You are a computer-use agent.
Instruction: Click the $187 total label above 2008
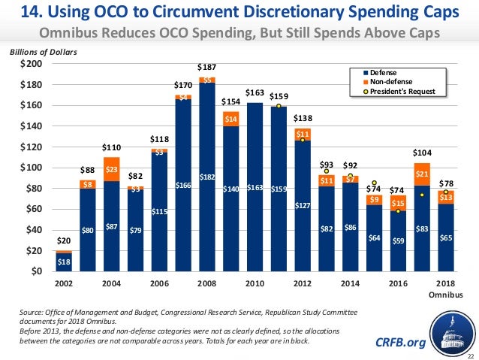[x=206, y=68]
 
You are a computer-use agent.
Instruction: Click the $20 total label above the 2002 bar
[x=65, y=241]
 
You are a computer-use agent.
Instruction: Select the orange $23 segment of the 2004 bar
[x=112, y=170]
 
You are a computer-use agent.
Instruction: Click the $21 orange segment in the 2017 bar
[x=423, y=174]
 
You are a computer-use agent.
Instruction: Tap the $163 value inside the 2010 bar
[x=255, y=188]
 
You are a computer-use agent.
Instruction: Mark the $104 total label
[x=423, y=153]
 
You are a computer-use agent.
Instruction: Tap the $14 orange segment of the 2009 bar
[x=230, y=119]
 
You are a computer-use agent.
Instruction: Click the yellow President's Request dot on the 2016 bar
[x=399, y=210]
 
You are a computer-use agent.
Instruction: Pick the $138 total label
[x=303, y=119]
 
